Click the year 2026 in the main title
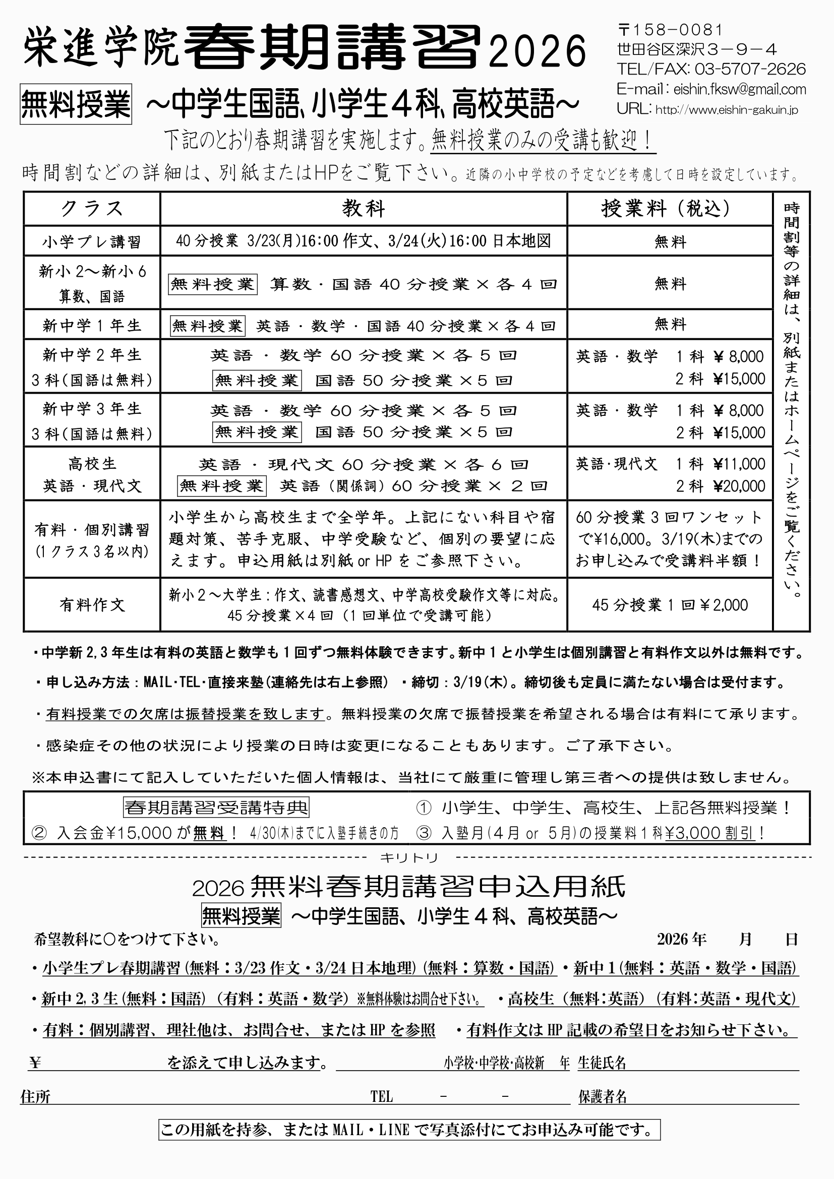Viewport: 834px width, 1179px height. [x=537, y=51]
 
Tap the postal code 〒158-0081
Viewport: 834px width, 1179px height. [x=670, y=30]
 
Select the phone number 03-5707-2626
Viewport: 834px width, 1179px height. [x=750, y=69]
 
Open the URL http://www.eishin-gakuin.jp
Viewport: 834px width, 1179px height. [x=727, y=110]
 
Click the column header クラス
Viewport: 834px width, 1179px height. [x=92, y=209]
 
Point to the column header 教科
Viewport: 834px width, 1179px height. [x=364, y=209]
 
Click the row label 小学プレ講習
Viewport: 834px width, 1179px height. [x=92, y=241]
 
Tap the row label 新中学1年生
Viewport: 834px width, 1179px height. [x=92, y=325]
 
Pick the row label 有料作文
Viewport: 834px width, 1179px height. [x=92, y=605]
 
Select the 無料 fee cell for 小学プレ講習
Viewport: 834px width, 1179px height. [x=670, y=241]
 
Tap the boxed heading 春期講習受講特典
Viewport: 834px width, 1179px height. [x=216, y=808]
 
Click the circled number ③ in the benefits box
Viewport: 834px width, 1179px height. [x=424, y=832]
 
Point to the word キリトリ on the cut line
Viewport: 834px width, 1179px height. [x=409, y=857]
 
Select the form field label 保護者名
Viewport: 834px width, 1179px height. [x=603, y=1097]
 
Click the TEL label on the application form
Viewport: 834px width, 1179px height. [x=382, y=1097]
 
